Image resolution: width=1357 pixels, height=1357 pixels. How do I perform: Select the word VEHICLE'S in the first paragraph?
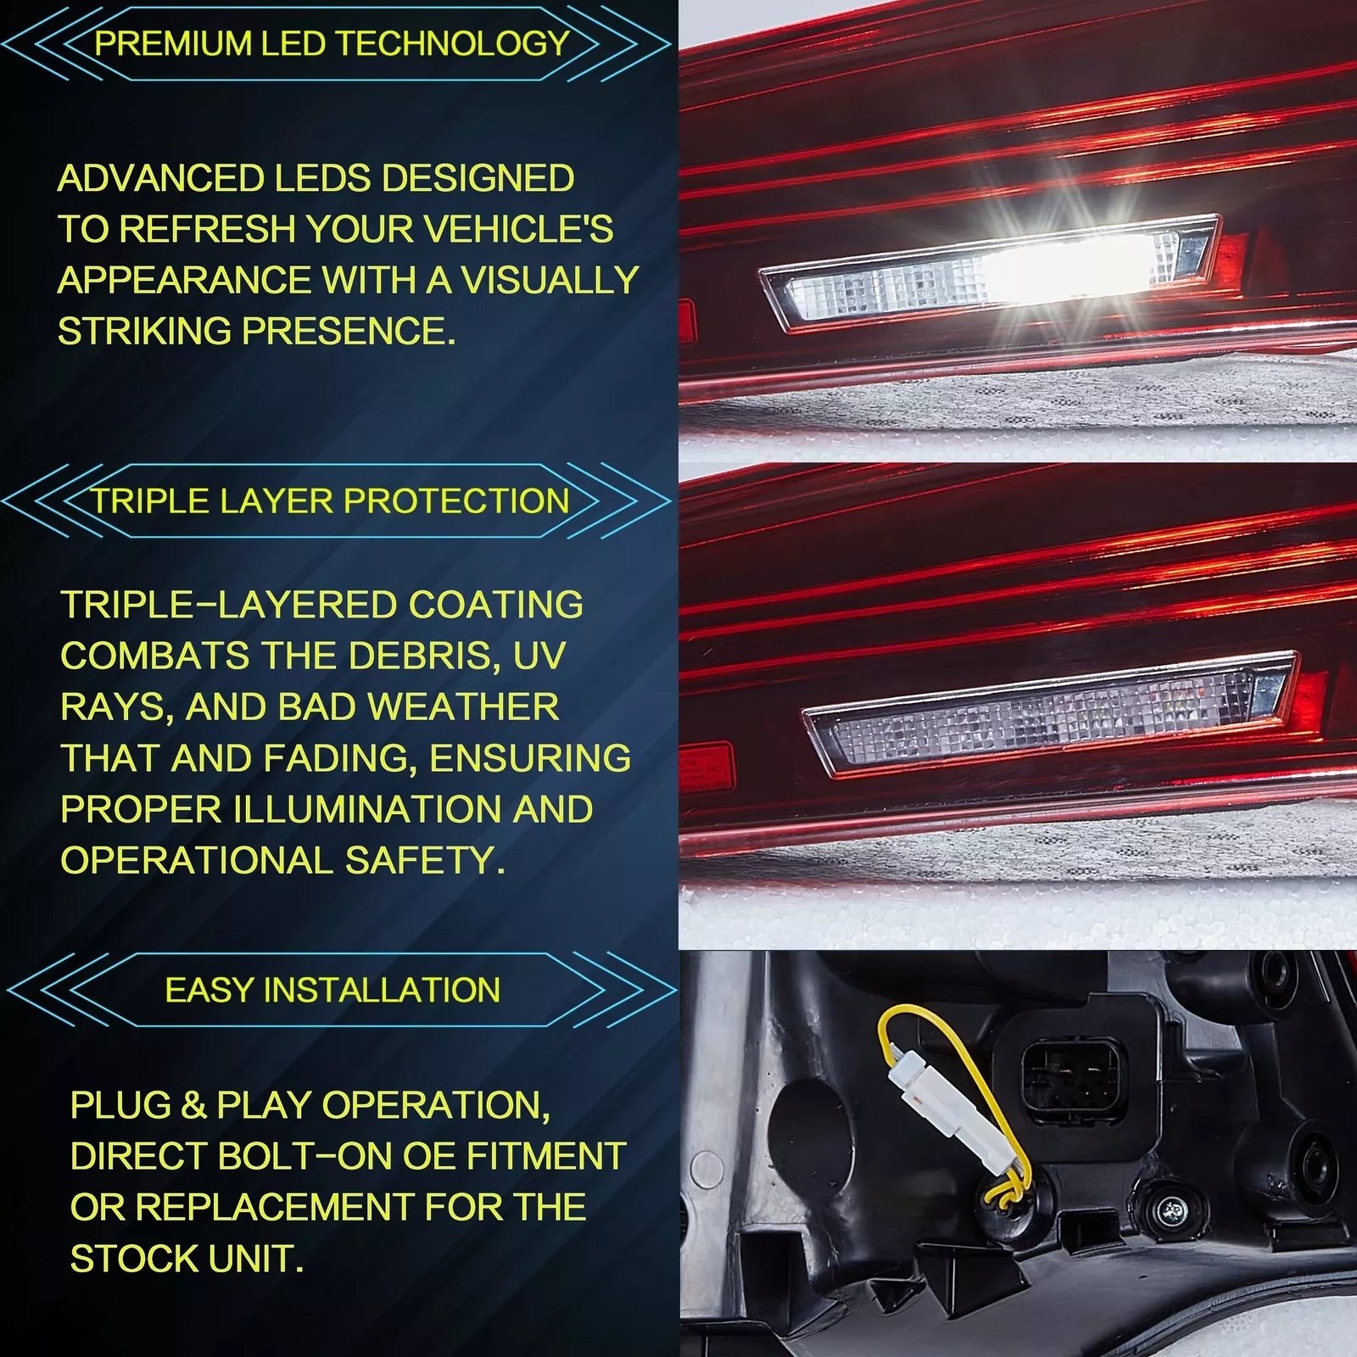click(x=518, y=229)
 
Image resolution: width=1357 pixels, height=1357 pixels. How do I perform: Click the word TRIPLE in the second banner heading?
click(x=150, y=501)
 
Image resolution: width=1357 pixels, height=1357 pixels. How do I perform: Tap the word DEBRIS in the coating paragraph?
click(x=422, y=656)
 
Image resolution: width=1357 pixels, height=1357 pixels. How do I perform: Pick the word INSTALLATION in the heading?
click(x=382, y=990)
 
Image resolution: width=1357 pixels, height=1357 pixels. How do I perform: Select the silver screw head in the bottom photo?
click(x=1171, y=1208)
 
